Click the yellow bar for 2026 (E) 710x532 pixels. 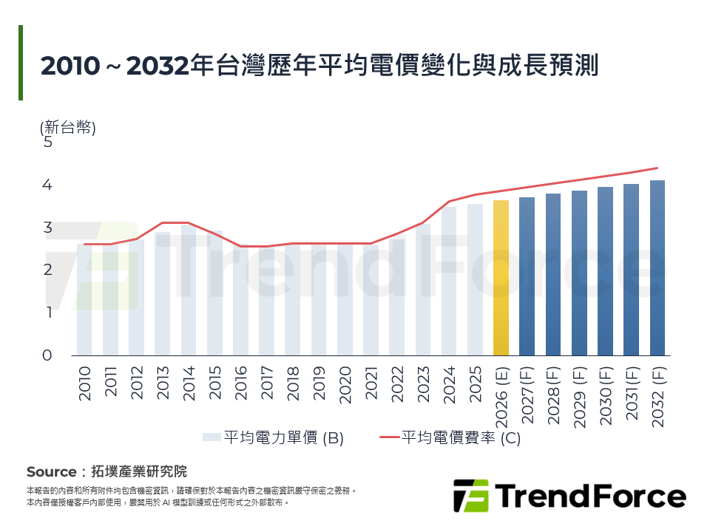501,278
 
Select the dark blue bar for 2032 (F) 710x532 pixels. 657,267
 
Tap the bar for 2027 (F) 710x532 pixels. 527,276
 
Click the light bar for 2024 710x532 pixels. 449,281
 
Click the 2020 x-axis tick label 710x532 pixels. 345,385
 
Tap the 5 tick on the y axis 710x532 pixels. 48,142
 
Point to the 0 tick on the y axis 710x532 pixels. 48,355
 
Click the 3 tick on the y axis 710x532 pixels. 48,228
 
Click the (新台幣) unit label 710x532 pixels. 68,127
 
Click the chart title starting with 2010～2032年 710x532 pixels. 319,65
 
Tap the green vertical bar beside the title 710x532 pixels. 21,63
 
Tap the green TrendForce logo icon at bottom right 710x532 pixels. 470,495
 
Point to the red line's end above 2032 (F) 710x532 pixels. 657,168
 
